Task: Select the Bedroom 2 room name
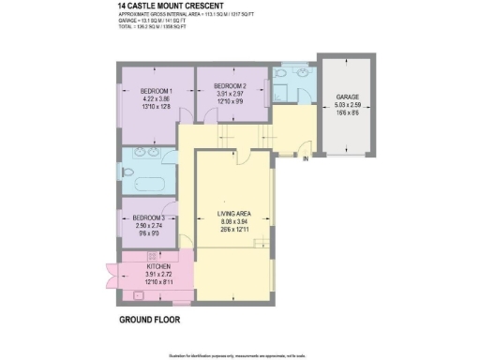point(229,86)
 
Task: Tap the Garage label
point(348,97)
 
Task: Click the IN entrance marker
point(305,159)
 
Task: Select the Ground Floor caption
point(149,319)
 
